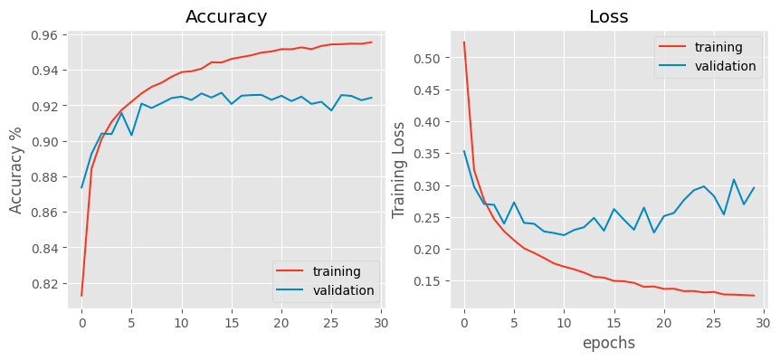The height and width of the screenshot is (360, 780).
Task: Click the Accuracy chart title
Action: (x=226, y=17)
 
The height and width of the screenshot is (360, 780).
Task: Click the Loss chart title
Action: (x=608, y=17)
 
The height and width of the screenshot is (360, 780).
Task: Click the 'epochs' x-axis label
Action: (x=608, y=343)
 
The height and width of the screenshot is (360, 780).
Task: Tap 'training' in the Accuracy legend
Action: (x=337, y=271)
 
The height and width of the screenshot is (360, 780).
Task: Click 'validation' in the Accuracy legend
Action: (x=343, y=290)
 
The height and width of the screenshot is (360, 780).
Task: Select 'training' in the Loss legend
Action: (x=718, y=47)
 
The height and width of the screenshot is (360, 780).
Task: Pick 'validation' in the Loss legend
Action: (x=725, y=66)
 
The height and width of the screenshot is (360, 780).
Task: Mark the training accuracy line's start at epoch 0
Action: (x=81, y=296)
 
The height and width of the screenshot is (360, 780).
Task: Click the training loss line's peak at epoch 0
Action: (x=464, y=42)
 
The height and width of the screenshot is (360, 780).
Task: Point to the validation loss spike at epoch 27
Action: (x=734, y=179)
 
